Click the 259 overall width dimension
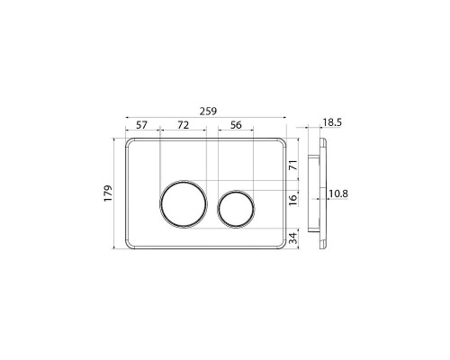[x=208, y=112]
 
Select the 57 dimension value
[x=141, y=125]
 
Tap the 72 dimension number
[x=183, y=125]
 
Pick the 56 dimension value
[x=236, y=125]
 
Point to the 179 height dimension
[x=108, y=193]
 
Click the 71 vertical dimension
[x=294, y=166]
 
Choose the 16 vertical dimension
[x=294, y=200]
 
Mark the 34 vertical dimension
[x=294, y=238]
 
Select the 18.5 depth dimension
[x=332, y=122]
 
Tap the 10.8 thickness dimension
[x=338, y=193]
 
